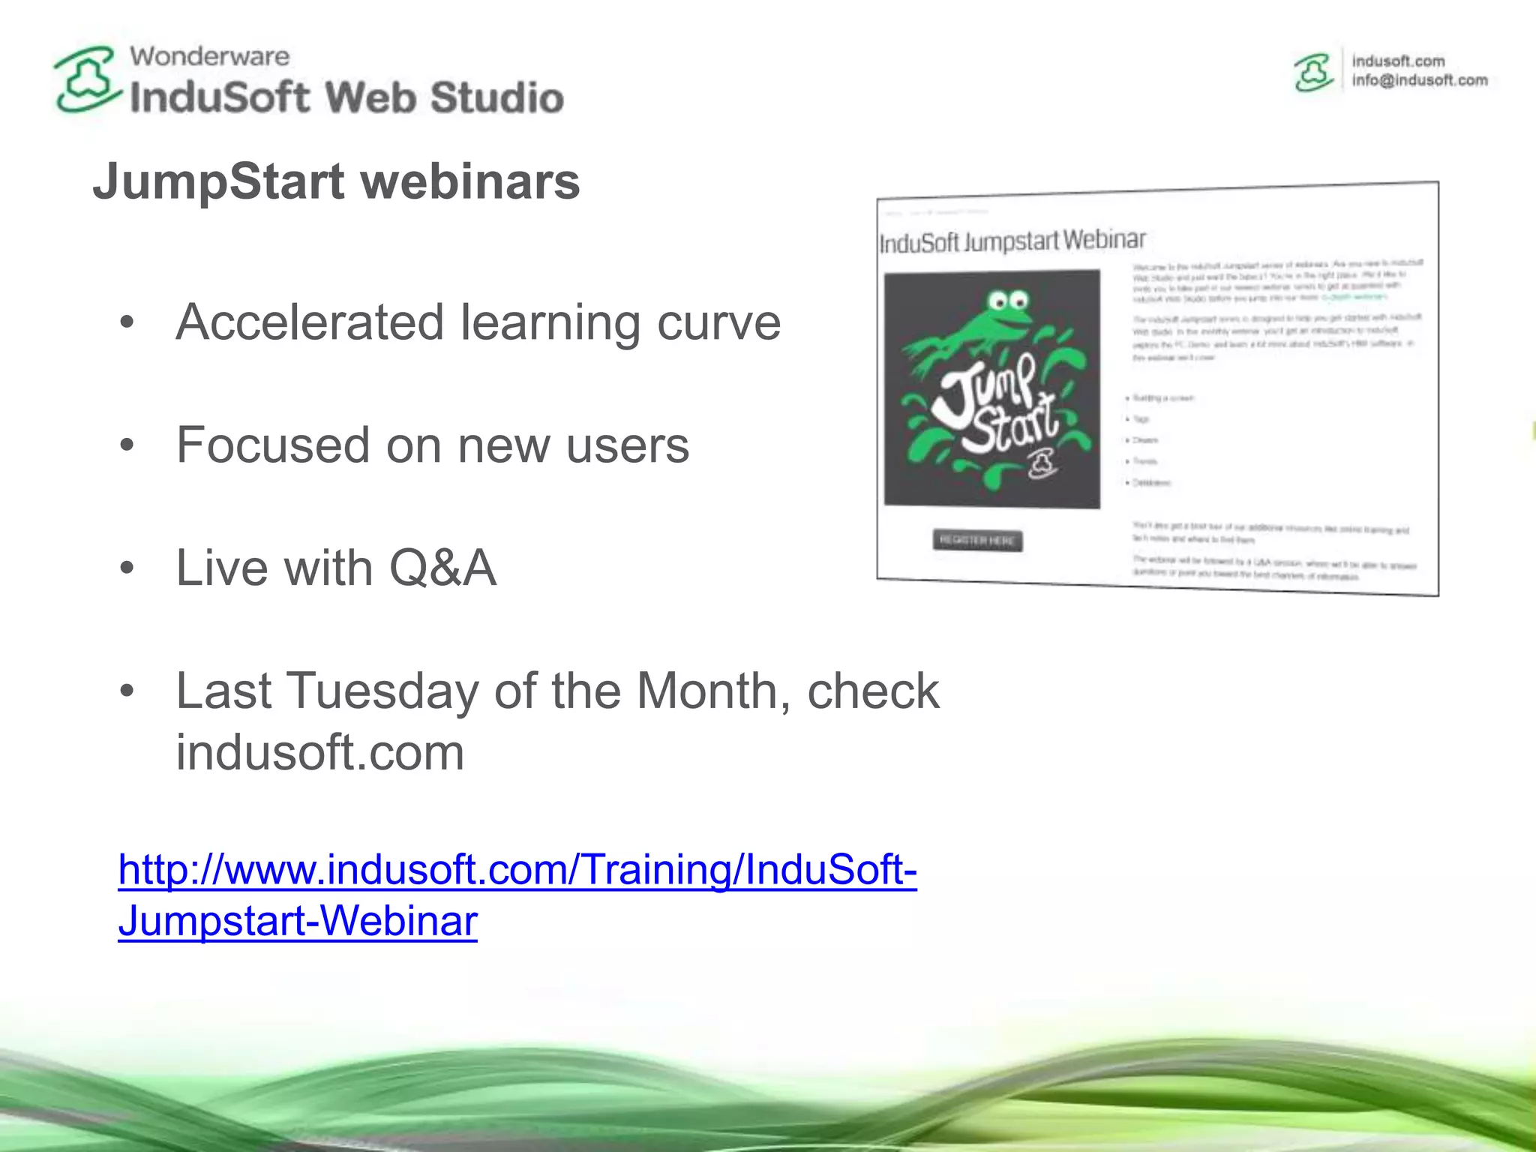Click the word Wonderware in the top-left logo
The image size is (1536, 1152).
click(209, 56)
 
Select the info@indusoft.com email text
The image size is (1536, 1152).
click(1419, 80)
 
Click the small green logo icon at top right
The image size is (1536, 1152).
click(1313, 73)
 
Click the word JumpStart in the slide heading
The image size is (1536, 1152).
click(219, 181)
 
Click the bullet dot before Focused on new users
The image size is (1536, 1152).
click(127, 445)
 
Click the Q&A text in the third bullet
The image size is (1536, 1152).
click(442, 568)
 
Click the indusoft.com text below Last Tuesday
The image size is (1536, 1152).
click(320, 752)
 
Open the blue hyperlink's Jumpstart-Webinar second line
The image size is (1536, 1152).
click(298, 920)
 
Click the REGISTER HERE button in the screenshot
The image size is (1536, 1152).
click(977, 540)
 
